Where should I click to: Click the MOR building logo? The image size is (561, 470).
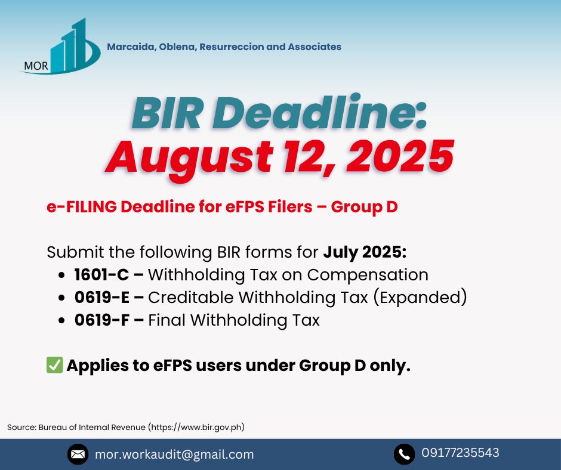tap(61, 47)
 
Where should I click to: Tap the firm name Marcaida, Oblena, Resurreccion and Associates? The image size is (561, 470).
tap(224, 47)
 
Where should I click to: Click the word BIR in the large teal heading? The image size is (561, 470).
tap(167, 114)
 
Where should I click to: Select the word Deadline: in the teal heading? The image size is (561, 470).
tap(320, 112)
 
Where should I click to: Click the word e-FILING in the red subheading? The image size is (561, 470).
tap(82, 207)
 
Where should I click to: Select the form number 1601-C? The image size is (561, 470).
tap(101, 275)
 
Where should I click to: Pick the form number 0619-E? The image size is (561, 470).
tap(102, 297)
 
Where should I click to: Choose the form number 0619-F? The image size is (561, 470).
tap(101, 320)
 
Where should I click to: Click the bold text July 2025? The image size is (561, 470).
tap(365, 252)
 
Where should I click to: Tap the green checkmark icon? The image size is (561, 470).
tap(55, 365)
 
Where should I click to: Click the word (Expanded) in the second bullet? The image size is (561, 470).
tap(420, 298)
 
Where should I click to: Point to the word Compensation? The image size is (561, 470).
tap(368, 276)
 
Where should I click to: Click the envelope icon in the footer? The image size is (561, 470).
tap(78, 454)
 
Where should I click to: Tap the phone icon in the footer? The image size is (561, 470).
tap(404, 454)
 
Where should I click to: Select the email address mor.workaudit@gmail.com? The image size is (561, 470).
tap(174, 454)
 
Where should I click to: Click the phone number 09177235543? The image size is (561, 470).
tap(460, 453)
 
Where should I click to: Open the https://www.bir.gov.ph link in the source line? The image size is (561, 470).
tap(197, 427)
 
